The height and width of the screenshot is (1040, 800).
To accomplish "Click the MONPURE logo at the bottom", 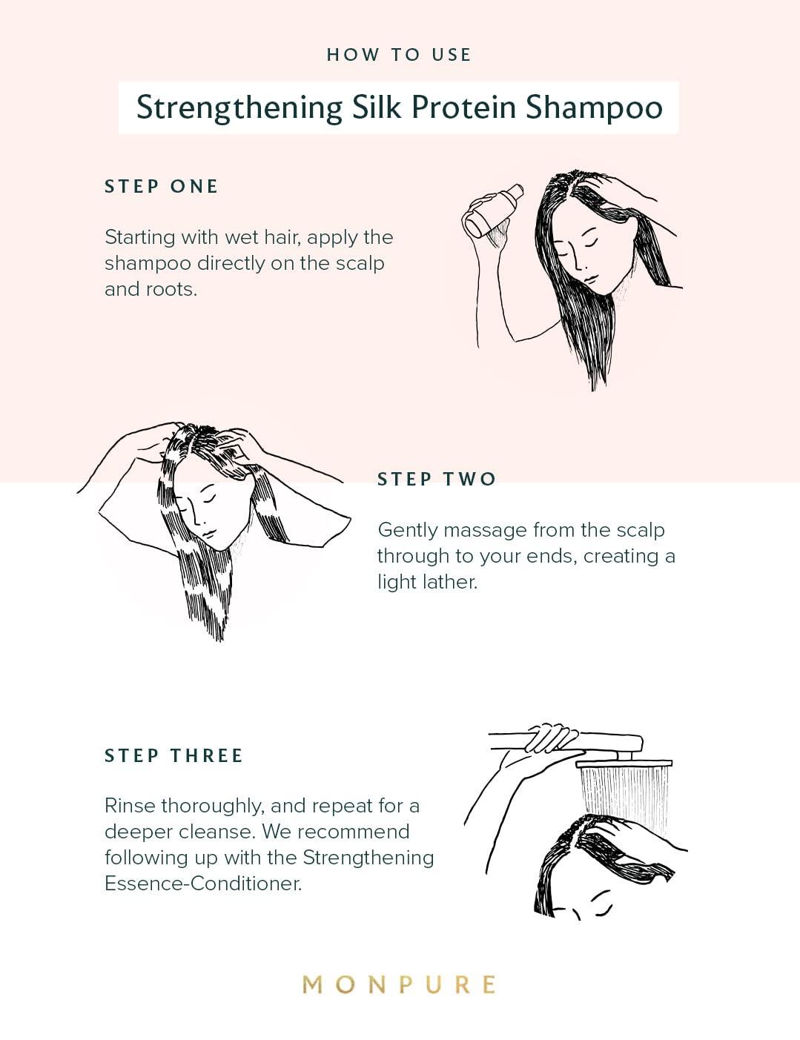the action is coord(399,984).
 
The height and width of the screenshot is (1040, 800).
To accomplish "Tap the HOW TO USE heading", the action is coord(399,55).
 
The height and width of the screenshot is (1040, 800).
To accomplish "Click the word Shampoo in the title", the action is coord(595,107).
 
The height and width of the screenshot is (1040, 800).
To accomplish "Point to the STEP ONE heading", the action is coord(161,186).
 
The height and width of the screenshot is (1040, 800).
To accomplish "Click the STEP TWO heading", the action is coord(437,479).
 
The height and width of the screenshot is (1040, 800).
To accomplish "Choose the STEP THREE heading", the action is coord(173,755).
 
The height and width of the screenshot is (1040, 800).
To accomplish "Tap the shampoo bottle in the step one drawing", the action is coord(493,211).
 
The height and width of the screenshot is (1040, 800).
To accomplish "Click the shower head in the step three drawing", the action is coord(624,763).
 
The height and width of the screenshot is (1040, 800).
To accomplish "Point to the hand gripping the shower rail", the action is coord(551,738).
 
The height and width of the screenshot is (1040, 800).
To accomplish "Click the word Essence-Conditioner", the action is coord(203,884).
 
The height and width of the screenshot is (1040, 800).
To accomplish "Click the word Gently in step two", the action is coord(408,531).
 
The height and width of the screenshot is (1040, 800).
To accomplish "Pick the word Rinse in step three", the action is coord(130,806).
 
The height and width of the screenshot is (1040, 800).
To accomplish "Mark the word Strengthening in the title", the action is coord(239,108).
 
